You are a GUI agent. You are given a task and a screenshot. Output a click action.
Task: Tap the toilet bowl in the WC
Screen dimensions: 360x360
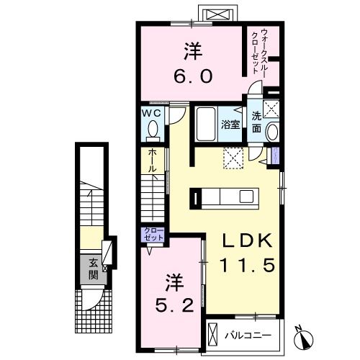click(x=152, y=130)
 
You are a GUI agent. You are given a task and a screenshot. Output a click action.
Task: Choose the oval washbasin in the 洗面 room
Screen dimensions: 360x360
click(x=271, y=132)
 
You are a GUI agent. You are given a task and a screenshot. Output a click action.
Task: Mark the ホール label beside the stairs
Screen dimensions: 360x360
click(x=152, y=158)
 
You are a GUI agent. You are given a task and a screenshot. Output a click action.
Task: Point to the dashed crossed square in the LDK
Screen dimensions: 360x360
click(x=233, y=157)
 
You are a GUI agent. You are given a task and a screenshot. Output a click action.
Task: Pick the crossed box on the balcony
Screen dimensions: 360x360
click(x=215, y=334)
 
